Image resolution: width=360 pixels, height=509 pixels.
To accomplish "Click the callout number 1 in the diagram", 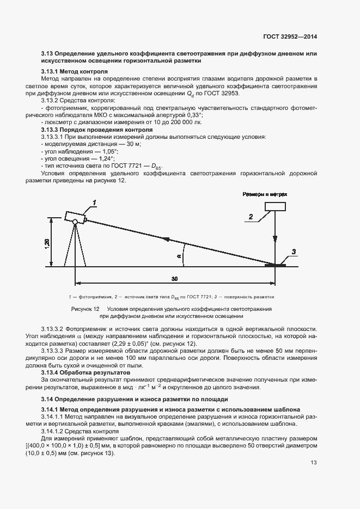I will (94, 203).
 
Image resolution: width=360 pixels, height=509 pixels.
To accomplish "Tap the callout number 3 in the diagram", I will (294, 252).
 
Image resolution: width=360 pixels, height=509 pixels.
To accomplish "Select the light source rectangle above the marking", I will (275, 206).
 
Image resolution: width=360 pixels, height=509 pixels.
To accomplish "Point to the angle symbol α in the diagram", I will (179, 254).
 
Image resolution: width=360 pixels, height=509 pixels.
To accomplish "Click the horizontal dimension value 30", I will (174, 279).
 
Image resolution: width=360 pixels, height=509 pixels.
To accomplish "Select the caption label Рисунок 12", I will (86, 309).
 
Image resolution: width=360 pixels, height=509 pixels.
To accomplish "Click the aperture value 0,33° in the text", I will (193, 115).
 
